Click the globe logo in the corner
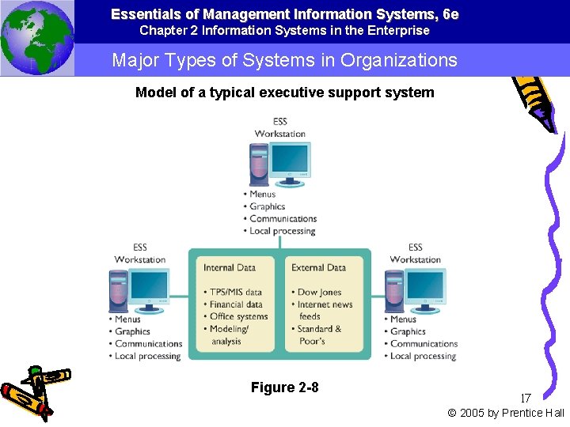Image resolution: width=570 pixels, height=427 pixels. click(x=37, y=38)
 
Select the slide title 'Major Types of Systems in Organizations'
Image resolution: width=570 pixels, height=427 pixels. click(x=284, y=60)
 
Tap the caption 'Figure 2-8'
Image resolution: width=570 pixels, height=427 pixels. click(x=284, y=387)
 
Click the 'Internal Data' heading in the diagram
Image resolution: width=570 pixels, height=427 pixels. click(x=230, y=268)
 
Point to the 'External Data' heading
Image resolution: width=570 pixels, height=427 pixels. click(x=318, y=268)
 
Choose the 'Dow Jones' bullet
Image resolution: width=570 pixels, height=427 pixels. click(x=319, y=292)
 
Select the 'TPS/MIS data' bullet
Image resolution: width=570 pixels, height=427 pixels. click(x=235, y=292)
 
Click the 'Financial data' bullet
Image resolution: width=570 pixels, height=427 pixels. click(x=236, y=304)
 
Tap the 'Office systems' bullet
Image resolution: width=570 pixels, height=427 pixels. click(x=238, y=316)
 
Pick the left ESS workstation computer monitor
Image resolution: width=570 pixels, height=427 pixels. click(x=148, y=287)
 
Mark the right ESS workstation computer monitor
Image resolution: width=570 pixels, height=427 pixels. click(x=424, y=287)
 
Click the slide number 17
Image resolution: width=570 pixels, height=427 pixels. click(x=526, y=399)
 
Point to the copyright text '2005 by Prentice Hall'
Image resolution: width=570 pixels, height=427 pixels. click(x=511, y=413)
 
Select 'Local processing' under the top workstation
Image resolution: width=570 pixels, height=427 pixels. click(x=282, y=231)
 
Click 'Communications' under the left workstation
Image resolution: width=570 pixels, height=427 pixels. click(x=148, y=344)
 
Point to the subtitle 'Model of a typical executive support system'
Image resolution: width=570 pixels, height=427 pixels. click(x=284, y=93)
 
